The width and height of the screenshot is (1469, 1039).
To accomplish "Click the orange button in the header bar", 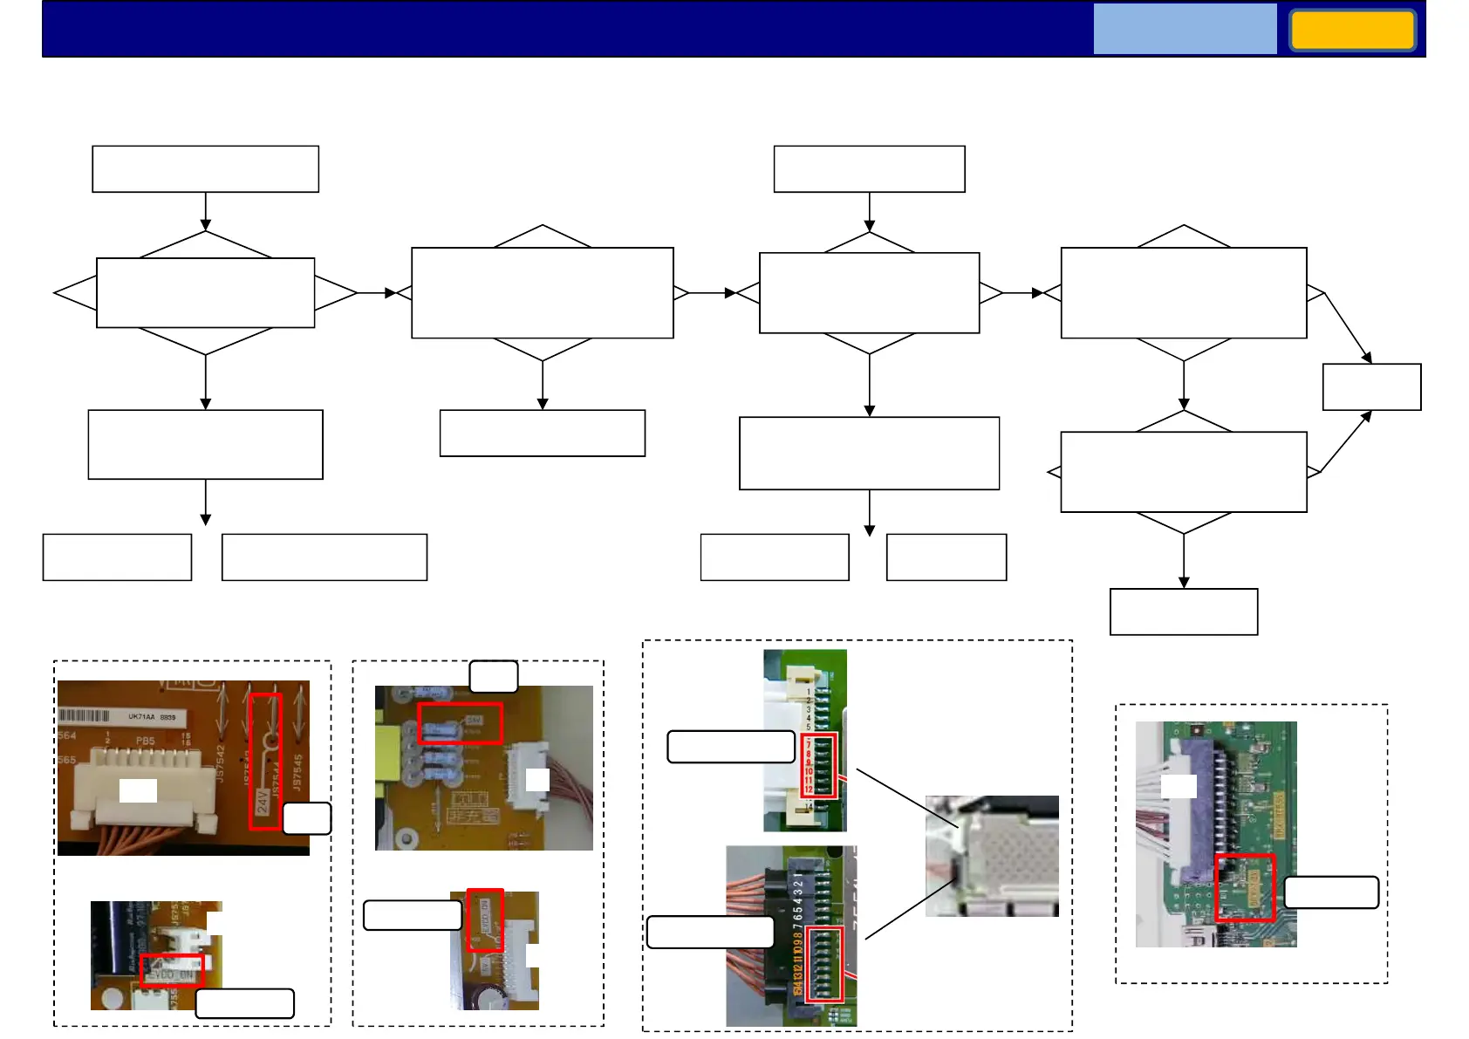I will (1352, 31).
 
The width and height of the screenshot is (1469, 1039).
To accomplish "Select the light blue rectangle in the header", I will (1185, 29).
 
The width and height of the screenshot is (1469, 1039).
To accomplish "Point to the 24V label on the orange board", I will (263, 801).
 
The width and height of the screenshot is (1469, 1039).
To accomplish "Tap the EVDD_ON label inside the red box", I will (172, 972).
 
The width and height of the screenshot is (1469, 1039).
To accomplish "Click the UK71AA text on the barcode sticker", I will (140, 717).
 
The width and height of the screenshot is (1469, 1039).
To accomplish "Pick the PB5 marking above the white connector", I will (145, 741).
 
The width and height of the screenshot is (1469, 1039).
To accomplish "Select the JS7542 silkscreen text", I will (222, 764).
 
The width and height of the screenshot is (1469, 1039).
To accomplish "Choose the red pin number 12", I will (809, 790).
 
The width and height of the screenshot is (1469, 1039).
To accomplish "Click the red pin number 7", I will (809, 745).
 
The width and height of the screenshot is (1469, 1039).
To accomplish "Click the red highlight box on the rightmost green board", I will (1245, 887).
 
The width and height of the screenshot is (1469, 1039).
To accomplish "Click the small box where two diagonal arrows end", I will (1371, 386).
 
